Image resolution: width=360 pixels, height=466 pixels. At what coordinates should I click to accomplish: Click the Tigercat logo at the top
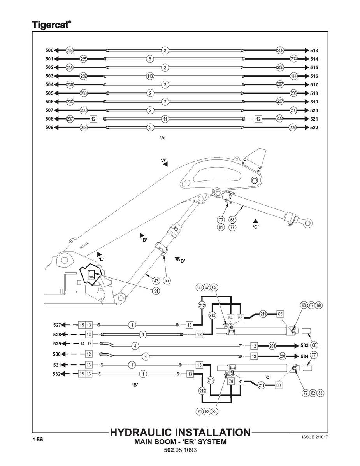coord(51,25)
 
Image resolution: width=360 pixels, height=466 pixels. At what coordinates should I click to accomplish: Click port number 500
coord(49,51)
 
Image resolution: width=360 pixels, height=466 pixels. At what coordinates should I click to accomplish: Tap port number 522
coord(314,128)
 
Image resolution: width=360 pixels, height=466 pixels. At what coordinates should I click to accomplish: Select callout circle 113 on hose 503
coord(150,76)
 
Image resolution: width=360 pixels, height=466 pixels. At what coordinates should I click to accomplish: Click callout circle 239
coord(83,76)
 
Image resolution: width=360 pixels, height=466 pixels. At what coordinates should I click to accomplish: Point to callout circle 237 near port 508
coord(70,119)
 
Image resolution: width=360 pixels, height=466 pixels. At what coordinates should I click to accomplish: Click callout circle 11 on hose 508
coord(165,119)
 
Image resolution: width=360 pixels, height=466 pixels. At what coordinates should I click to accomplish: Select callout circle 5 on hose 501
coord(150,59)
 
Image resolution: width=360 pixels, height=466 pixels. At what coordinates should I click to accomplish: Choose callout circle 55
coord(167,280)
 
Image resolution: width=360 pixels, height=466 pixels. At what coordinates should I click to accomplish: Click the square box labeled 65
coord(280,314)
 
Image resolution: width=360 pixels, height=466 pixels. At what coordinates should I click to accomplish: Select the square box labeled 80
coord(278,385)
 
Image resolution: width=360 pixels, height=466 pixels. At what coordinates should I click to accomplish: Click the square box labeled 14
coord(82,344)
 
